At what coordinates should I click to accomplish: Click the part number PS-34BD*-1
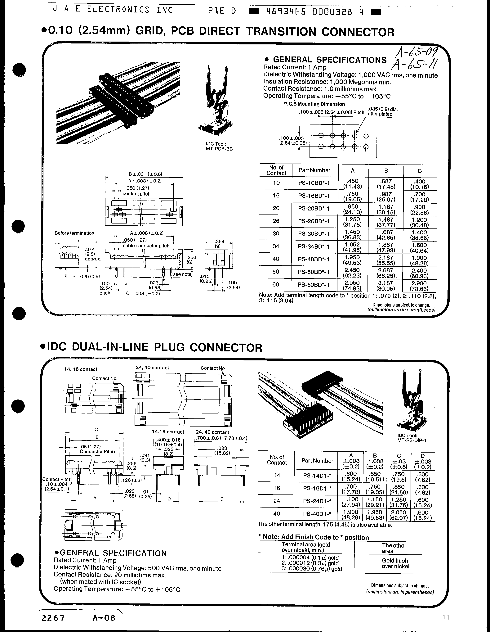click(x=314, y=246)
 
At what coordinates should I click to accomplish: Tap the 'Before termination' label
click(x=74, y=233)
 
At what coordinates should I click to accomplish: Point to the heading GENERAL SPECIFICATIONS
click(x=329, y=60)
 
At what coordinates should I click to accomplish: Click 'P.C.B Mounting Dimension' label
click(x=314, y=104)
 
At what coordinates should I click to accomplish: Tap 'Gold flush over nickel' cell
click(x=395, y=563)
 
